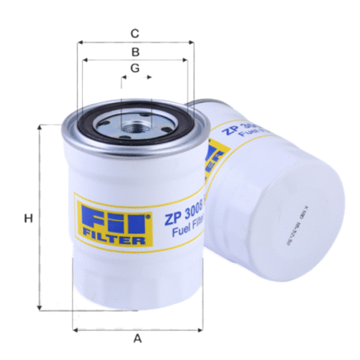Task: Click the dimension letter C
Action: click(x=134, y=34)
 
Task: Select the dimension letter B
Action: click(x=134, y=52)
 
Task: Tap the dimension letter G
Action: click(x=134, y=68)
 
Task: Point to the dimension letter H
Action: click(x=28, y=219)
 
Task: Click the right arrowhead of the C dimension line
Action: click(x=192, y=42)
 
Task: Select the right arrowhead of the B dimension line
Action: click(x=185, y=59)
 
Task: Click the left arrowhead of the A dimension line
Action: click(x=75, y=328)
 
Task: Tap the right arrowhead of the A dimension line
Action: click(x=200, y=328)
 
